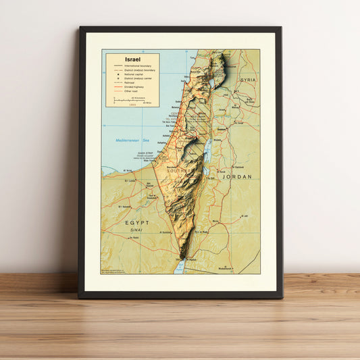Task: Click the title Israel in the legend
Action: coord(125,59)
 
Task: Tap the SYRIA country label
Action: coord(248,80)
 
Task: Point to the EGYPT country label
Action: coord(137,222)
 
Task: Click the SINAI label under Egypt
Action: coord(136,230)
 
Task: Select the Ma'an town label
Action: coord(216,222)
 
